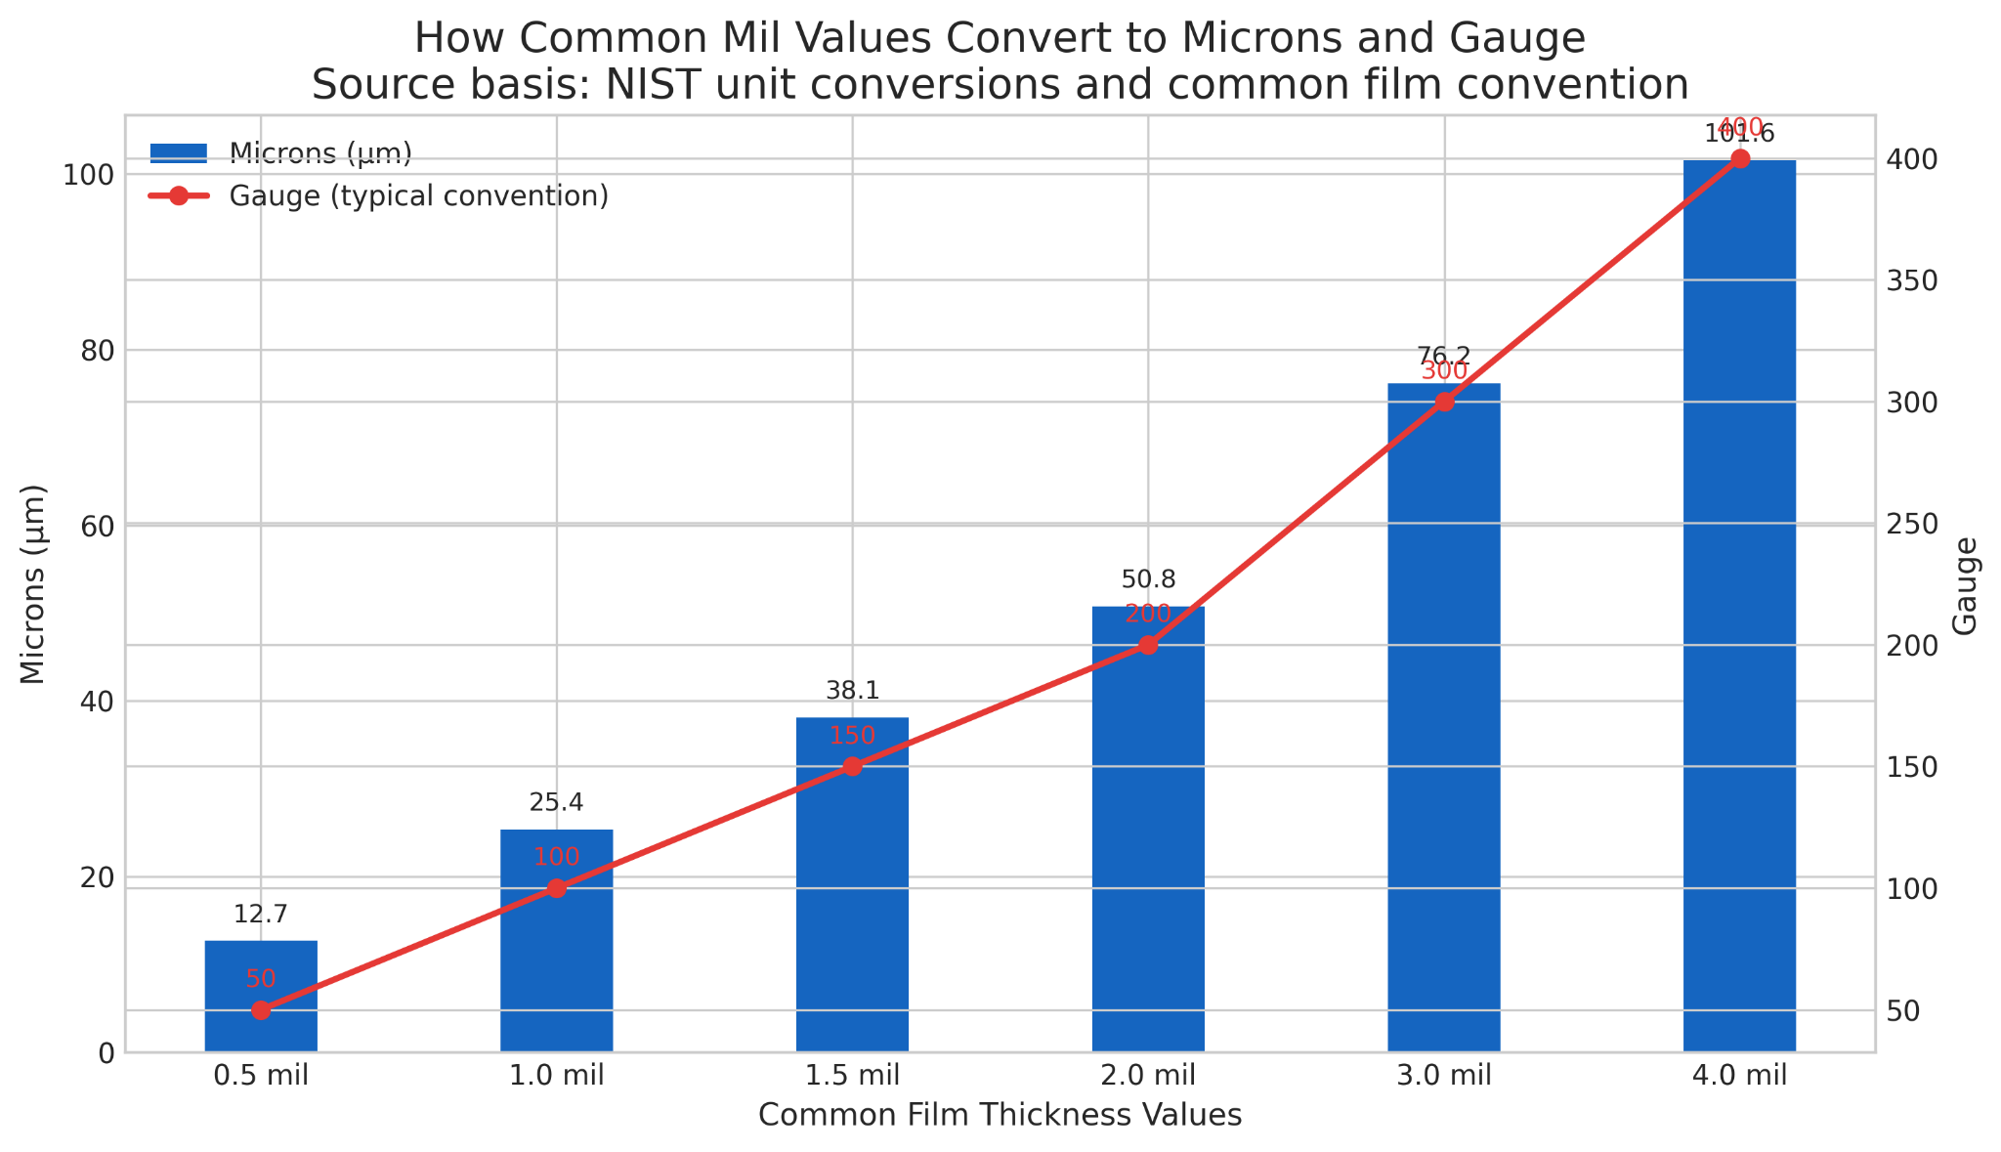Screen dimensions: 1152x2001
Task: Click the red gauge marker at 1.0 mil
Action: [557, 888]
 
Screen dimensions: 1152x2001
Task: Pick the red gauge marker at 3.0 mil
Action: [1444, 402]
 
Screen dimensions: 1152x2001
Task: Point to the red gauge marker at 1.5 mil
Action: [852, 766]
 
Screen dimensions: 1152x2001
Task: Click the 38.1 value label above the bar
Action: [852, 691]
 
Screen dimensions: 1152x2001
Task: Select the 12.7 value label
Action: [261, 915]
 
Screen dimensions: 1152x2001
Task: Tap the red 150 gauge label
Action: [852, 737]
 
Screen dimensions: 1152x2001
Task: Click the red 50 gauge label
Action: [261, 979]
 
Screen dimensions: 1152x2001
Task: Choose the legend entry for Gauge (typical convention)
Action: [418, 196]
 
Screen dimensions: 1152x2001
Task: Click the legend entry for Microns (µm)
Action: [320, 153]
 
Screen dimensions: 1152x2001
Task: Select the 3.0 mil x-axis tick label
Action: [1444, 1076]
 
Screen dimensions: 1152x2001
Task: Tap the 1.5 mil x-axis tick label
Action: [852, 1076]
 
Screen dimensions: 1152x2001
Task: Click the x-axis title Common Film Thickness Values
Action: [1000, 1116]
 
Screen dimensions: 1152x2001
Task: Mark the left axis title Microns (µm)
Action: [34, 584]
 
